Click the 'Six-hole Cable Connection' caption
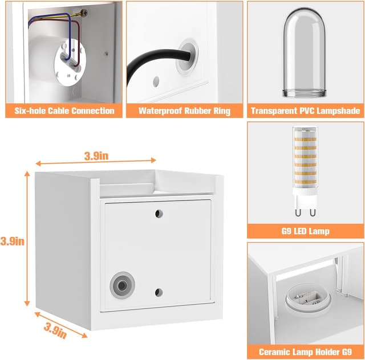[64, 111]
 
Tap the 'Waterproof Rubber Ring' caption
[184, 111]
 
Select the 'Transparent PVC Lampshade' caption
[306, 111]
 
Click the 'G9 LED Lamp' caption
[306, 231]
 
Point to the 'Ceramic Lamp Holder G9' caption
[306, 352]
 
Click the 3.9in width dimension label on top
[96, 156]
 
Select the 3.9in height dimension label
[12, 241]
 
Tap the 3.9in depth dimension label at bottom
[55, 331]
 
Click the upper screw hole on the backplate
[159, 214]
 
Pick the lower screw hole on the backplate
[159, 292]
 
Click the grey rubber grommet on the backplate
[123, 285]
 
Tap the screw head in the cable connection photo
[84, 13]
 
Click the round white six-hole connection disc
[70, 63]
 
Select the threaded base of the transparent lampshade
[305, 93]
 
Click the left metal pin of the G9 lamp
[298, 212]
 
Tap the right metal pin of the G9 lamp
[313, 212]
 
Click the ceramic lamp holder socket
[308, 297]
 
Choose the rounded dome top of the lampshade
[305, 19]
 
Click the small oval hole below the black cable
[156, 82]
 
